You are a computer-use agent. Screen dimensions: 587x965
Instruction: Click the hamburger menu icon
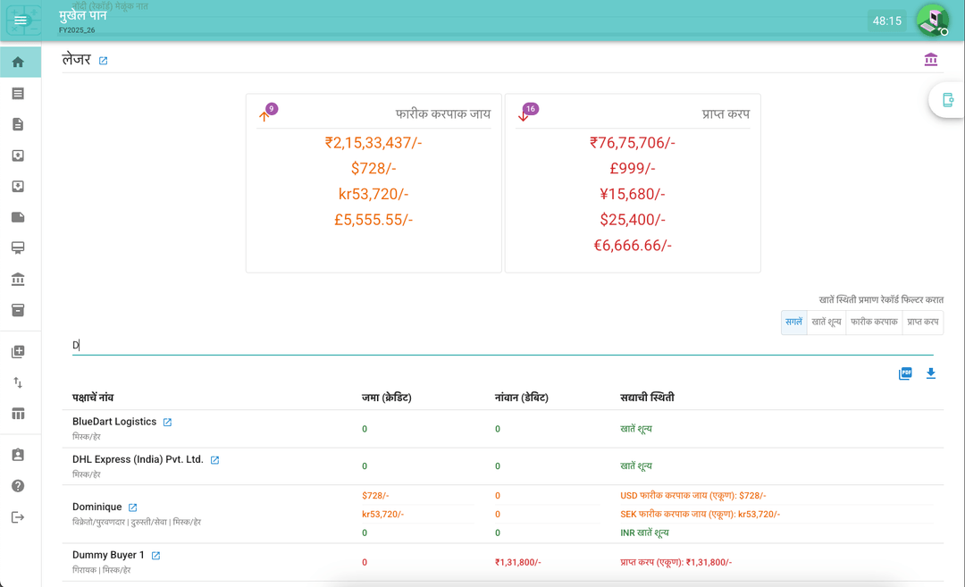point(21,21)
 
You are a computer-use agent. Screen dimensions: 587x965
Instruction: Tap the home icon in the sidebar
point(18,63)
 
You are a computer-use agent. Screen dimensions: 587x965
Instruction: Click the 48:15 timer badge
point(886,21)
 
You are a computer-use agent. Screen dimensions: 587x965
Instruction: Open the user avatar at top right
point(932,20)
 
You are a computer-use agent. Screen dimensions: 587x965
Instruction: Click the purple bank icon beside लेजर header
point(931,60)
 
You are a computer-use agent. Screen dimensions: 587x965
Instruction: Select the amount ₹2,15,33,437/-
point(373,143)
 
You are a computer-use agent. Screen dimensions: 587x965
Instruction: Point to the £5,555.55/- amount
point(373,220)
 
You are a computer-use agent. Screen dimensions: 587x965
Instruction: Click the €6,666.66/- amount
point(633,246)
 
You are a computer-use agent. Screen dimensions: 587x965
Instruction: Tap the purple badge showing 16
point(531,109)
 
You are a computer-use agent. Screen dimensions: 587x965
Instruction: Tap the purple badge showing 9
point(272,109)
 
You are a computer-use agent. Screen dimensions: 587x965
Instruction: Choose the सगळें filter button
point(793,322)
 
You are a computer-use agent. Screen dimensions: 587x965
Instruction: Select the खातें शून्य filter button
point(827,322)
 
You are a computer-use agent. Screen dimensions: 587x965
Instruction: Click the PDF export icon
point(905,373)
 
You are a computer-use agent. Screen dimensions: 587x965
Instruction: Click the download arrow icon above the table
point(931,373)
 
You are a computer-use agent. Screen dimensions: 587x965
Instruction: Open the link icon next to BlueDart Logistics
point(167,423)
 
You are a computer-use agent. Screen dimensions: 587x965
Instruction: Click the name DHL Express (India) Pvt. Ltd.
point(138,459)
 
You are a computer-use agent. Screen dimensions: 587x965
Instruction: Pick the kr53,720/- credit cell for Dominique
point(382,515)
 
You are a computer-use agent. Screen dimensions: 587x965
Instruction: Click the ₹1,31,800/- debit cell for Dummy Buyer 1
point(517,562)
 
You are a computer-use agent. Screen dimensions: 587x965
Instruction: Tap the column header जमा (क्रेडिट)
point(386,397)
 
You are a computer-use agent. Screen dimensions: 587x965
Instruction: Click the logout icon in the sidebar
point(18,517)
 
